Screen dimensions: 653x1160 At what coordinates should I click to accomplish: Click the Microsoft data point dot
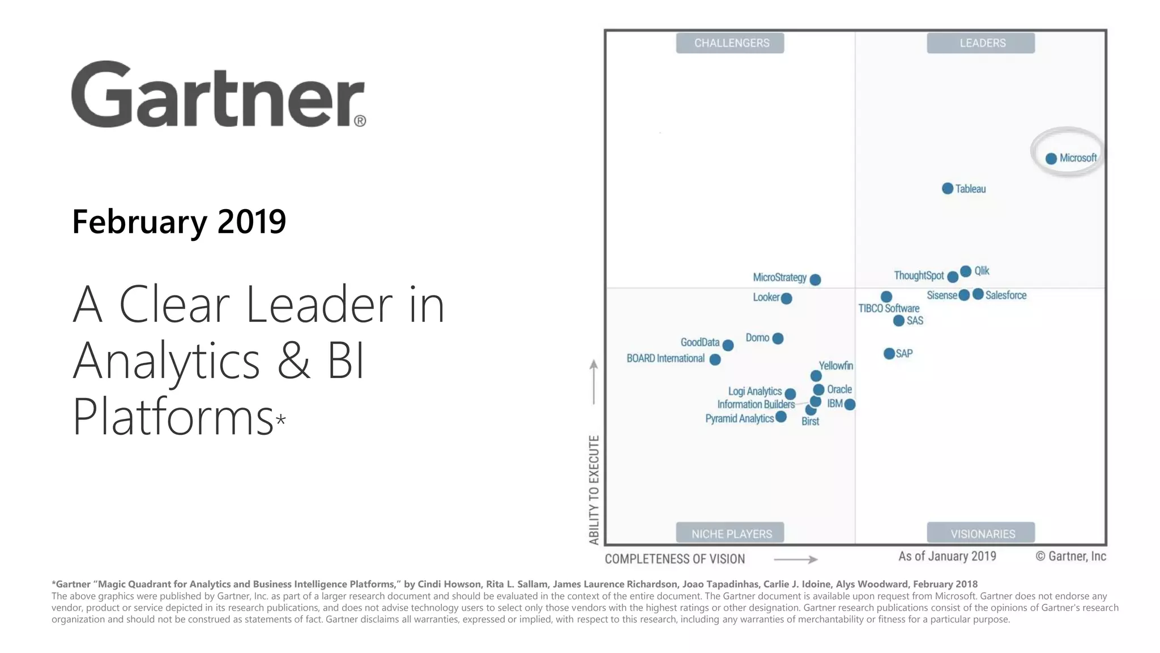pyautogui.click(x=1051, y=159)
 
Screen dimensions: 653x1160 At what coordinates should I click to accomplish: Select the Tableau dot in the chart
pyautogui.click(x=948, y=188)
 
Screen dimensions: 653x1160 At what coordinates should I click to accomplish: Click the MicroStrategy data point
pyautogui.click(x=815, y=279)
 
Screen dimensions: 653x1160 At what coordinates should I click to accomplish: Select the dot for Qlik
pyautogui.click(x=966, y=271)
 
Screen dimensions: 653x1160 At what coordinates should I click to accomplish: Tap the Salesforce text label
pyautogui.click(x=1005, y=295)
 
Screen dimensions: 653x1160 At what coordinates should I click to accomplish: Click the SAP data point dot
pyautogui.click(x=889, y=354)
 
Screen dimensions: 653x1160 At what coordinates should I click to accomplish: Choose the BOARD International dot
pyautogui.click(x=715, y=359)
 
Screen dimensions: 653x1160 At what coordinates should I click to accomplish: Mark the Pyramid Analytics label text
pyautogui.click(x=739, y=419)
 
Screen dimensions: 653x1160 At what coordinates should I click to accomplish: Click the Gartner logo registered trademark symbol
pyautogui.click(x=360, y=121)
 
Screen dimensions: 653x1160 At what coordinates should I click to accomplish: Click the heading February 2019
pyautogui.click(x=179, y=222)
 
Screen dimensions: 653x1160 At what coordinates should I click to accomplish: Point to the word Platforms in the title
pyautogui.click(x=173, y=417)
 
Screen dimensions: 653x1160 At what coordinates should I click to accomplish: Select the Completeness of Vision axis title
pyautogui.click(x=675, y=559)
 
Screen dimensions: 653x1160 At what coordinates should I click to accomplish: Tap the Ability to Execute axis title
pyautogui.click(x=594, y=489)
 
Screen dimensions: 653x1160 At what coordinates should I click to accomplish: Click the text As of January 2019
pyautogui.click(x=947, y=556)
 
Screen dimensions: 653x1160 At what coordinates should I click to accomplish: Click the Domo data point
pyautogui.click(x=778, y=338)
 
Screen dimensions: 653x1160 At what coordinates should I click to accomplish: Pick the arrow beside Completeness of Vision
pyautogui.click(x=795, y=559)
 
